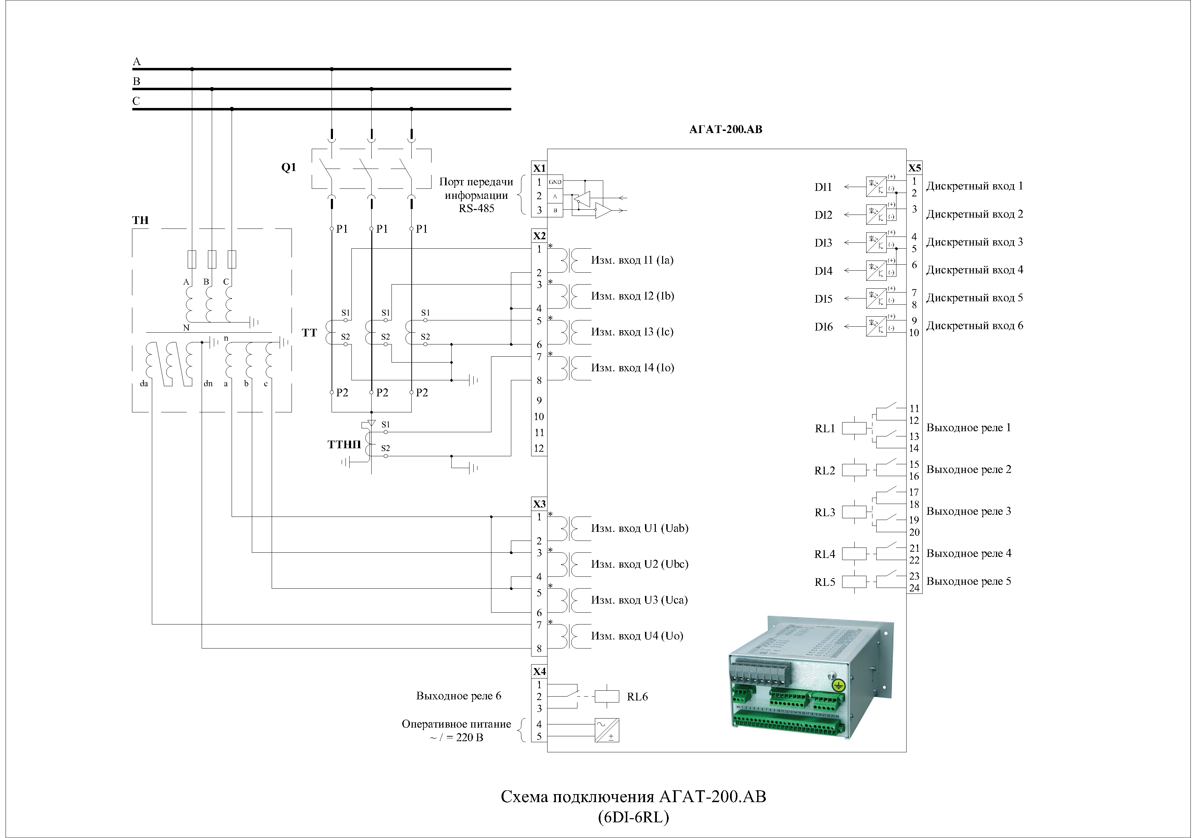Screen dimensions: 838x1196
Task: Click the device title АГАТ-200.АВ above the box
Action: click(725, 129)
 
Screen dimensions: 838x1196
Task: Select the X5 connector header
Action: click(914, 168)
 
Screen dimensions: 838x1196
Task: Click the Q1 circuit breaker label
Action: click(289, 167)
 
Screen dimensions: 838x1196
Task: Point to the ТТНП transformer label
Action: click(344, 444)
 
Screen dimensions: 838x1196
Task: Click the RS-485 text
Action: click(476, 208)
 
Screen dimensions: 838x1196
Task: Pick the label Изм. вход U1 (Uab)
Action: click(639, 528)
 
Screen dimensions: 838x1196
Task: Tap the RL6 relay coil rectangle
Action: click(606, 696)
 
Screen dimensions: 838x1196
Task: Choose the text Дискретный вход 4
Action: click(974, 270)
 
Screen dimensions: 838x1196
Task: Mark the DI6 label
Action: click(824, 327)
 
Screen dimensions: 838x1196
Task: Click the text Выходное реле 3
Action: click(968, 511)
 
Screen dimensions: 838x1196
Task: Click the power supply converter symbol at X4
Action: click(606, 730)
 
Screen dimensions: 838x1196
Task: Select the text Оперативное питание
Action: click(456, 724)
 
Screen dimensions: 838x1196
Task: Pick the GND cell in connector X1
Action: click(555, 182)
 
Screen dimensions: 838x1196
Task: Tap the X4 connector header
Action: click(539, 671)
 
